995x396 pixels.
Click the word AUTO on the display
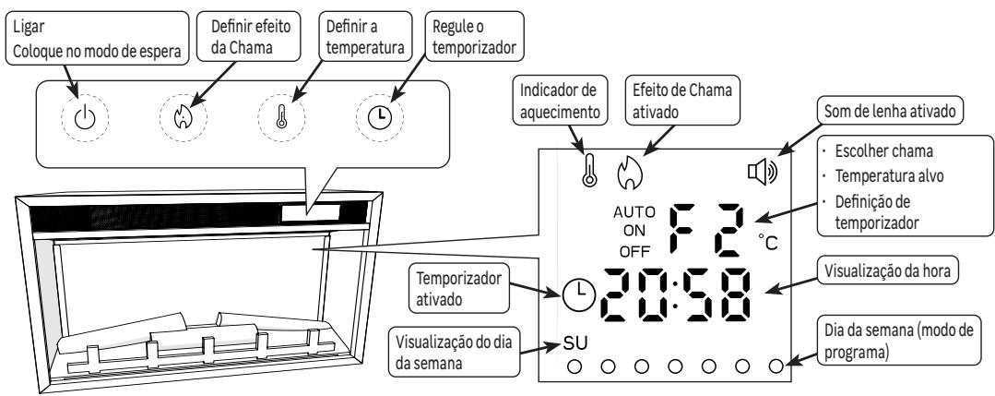633,211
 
